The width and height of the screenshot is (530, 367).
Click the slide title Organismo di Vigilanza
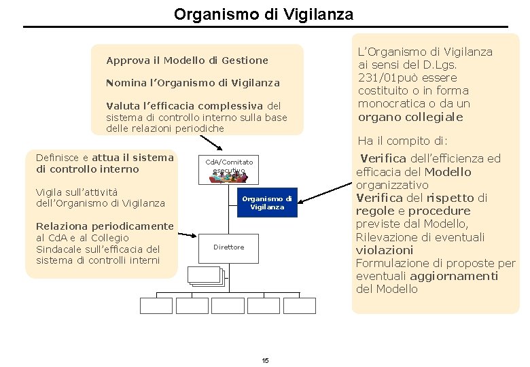click(263, 14)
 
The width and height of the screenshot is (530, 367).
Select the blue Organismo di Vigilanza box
click(267, 203)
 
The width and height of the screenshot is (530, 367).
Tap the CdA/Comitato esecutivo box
click(229, 169)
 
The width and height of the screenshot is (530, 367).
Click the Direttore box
click(228, 247)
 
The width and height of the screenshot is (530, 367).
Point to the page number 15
click(265, 360)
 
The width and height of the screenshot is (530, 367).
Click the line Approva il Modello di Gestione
click(188, 60)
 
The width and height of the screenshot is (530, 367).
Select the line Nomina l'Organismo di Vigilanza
click(193, 83)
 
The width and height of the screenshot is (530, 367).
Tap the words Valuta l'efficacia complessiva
click(185, 105)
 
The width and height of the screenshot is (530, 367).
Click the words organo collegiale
click(410, 117)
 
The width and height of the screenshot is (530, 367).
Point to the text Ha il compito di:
click(402, 141)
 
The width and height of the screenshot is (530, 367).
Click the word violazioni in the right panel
click(385, 250)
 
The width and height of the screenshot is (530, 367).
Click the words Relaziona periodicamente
click(105, 226)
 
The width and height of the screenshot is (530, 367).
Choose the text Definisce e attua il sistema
click(105, 158)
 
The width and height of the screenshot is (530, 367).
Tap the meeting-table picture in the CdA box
click(229, 177)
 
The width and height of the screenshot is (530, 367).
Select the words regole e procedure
click(413, 211)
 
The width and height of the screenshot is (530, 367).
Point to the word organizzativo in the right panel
click(392, 185)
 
